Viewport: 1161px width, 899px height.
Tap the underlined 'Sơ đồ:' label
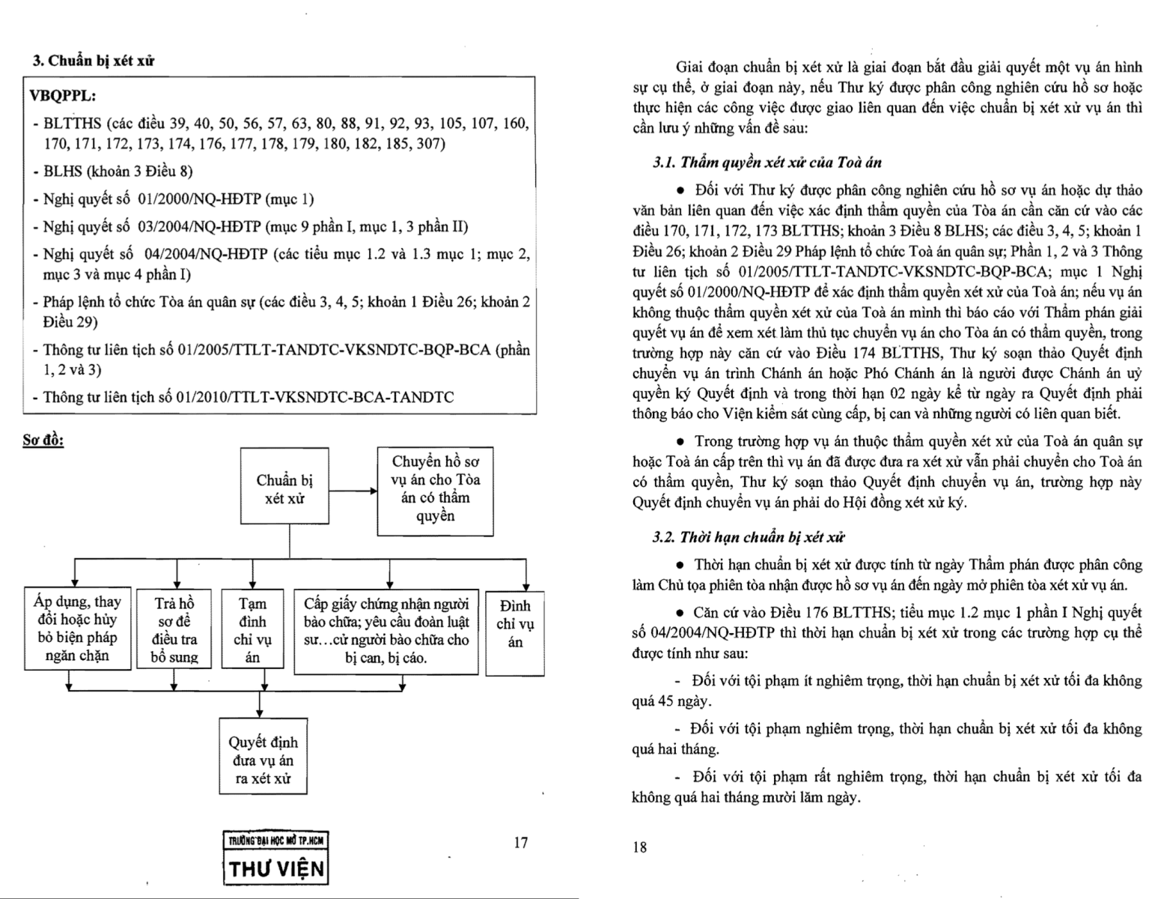coord(43,440)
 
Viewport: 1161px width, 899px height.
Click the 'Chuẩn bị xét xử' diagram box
coord(284,486)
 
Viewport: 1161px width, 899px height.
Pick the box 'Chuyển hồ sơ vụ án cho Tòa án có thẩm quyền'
coord(435,489)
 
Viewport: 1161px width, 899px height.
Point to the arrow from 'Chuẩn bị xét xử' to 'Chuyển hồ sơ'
coord(353,491)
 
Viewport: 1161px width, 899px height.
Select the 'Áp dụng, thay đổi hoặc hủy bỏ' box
coord(78,628)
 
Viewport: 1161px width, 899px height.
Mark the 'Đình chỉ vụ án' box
coord(515,623)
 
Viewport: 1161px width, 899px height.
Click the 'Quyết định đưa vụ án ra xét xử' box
coord(263,755)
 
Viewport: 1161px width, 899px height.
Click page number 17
coord(521,842)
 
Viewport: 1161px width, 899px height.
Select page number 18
coord(639,847)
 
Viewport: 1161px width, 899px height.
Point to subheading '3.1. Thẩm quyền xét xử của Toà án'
coord(767,161)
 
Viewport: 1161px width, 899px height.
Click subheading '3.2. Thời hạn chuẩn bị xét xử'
coord(749,536)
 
